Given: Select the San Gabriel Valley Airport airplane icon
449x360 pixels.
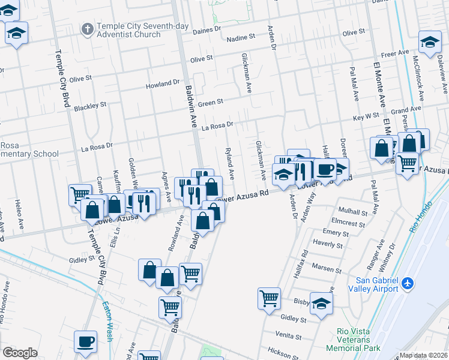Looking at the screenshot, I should pos(408,282).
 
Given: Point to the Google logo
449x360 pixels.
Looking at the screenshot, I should pos(20,352).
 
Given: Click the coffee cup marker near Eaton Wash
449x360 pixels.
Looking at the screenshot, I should pos(85,342).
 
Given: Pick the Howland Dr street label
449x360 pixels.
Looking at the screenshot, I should pos(163,85).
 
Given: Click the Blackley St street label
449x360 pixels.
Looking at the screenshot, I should pos(90,107).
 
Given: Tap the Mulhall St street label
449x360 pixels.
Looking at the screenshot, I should pos(352,212).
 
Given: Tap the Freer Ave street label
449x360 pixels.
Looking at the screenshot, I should pos(394,54).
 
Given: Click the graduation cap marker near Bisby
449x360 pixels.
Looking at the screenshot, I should pos(322,304).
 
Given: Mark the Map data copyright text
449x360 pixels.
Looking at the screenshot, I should pos(423,355).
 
